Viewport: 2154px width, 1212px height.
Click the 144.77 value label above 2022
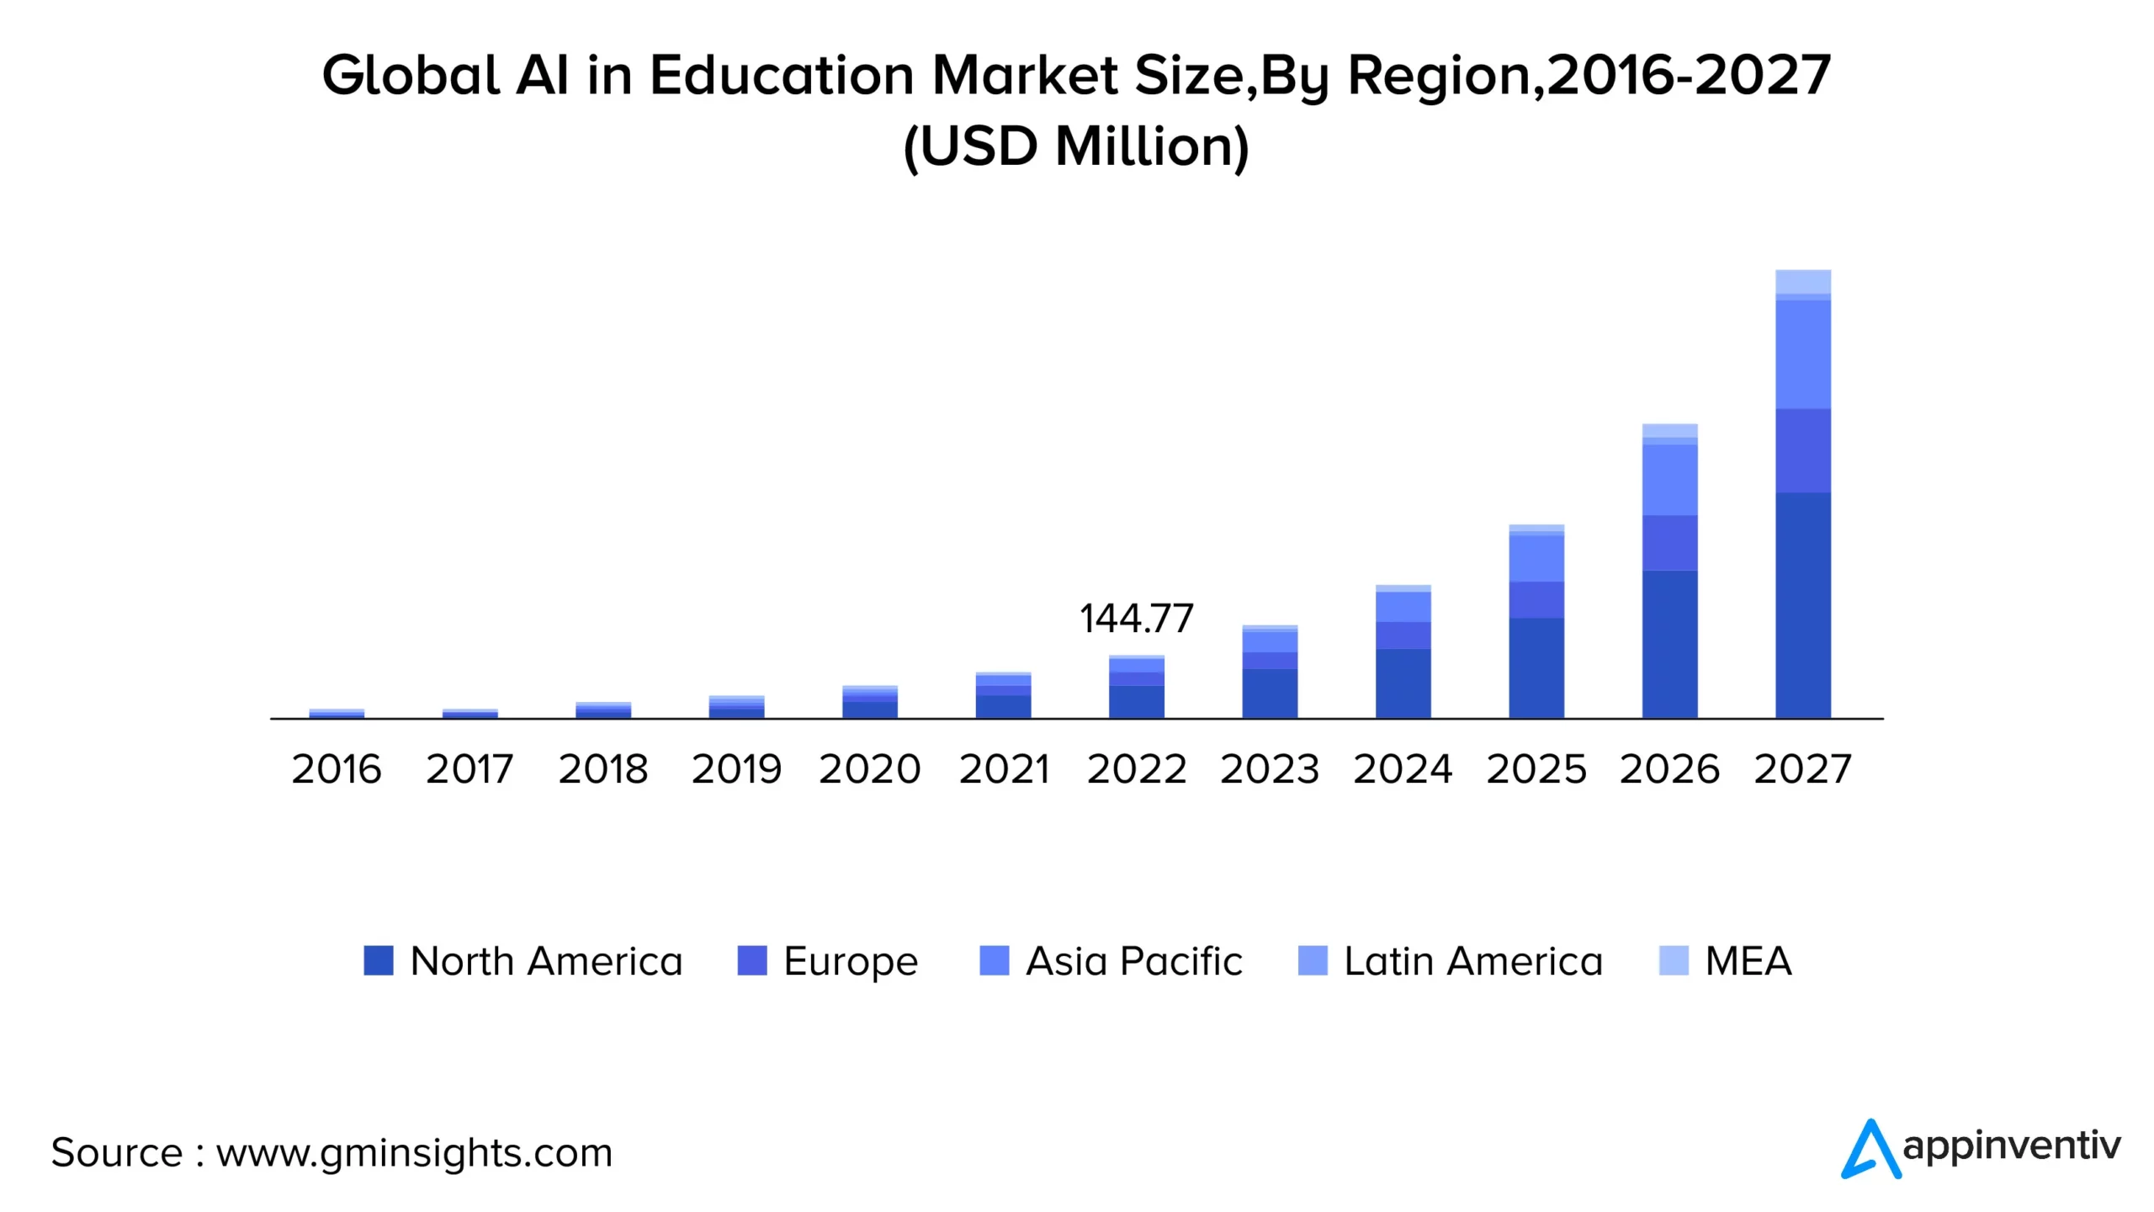[x=1136, y=619]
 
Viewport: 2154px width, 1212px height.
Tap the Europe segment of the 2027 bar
[x=1802, y=450]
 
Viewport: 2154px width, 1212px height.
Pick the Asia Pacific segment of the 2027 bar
[x=1802, y=354]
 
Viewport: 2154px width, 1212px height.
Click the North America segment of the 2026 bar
[x=1669, y=644]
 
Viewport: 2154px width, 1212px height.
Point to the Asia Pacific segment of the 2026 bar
[x=1669, y=479]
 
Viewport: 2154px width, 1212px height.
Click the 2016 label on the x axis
[x=337, y=769]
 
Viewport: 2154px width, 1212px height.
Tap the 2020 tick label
[x=870, y=769]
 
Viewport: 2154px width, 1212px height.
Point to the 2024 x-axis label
[x=1403, y=769]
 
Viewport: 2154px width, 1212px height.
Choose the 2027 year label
[x=1802, y=769]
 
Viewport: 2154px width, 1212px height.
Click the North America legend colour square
[x=379, y=960]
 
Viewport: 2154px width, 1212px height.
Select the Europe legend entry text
[x=851, y=961]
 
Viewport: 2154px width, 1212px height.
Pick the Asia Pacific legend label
[x=1133, y=961]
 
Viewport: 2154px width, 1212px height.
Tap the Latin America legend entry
[x=1472, y=961]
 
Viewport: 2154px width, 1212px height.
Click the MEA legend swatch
[x=1674, y=960]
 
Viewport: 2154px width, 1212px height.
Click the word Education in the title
[x=782, y=76]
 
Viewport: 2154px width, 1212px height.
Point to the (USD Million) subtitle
[x=1076, y=146]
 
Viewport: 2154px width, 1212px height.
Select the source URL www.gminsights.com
[x=414, y=1153]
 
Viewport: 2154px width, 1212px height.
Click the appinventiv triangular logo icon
[x=1870, y=1150]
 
